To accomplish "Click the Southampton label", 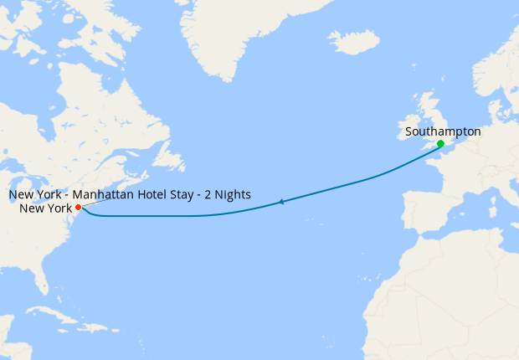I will coord(442,131).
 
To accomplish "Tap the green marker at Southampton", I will coord(440,144).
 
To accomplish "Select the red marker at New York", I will coord(78,207).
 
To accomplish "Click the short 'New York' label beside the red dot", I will coord(46,208).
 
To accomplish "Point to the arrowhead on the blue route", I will coord(282,202).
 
